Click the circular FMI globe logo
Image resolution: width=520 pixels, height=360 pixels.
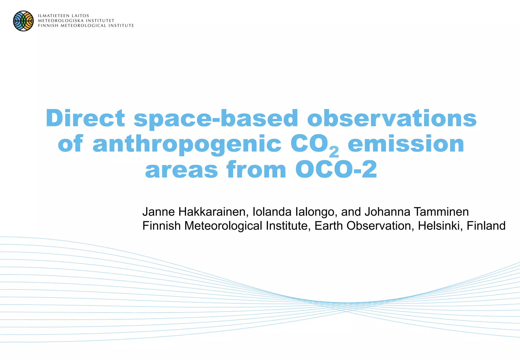point(23,21)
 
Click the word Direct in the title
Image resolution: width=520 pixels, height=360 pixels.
point(85,118)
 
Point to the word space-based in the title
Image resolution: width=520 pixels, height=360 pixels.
point(216,119)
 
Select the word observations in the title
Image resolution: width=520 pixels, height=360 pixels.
point(392,118)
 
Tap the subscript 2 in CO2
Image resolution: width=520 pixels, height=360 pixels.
point(334,152)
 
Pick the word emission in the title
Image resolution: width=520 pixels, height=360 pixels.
point(406,144)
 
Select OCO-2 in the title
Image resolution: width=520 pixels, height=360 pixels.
point(336,169)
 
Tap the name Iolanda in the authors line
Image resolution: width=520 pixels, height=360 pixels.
point(272,212)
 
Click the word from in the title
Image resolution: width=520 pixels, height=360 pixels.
point(256,169)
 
